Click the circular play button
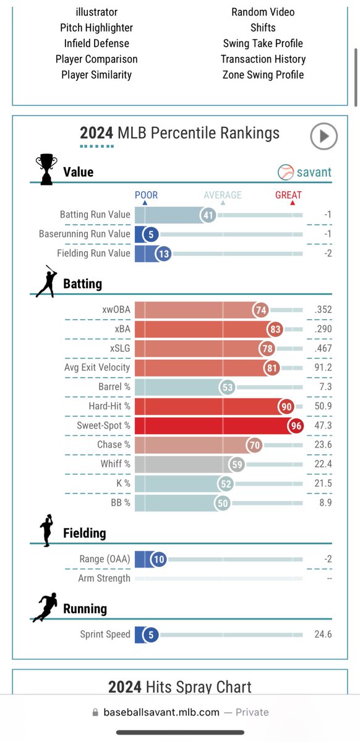tap(324, 136)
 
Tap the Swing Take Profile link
tap(263, 43)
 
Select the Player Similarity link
tap(96, 75)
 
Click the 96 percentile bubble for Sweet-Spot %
tap(296, 425)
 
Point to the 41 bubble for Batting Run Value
tap(208, 215)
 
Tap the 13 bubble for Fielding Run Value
tap(163, 254)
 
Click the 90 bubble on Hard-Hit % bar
tap(286, 406)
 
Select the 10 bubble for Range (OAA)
tap(158, 560)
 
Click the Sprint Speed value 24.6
tap(323, 634)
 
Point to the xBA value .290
tap(323, 329)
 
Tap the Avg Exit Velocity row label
tap(97, 367)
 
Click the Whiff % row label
tap(115, 464)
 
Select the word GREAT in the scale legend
tap(288, 195)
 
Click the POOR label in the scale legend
tap(146, 195)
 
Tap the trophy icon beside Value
tap(46, 169)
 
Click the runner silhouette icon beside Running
tap(45, 607)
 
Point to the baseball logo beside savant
tap(285, 173)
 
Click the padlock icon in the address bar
tap(95, 712)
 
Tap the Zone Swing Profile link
tap(263, 75)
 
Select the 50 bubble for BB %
tap(223, 503)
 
